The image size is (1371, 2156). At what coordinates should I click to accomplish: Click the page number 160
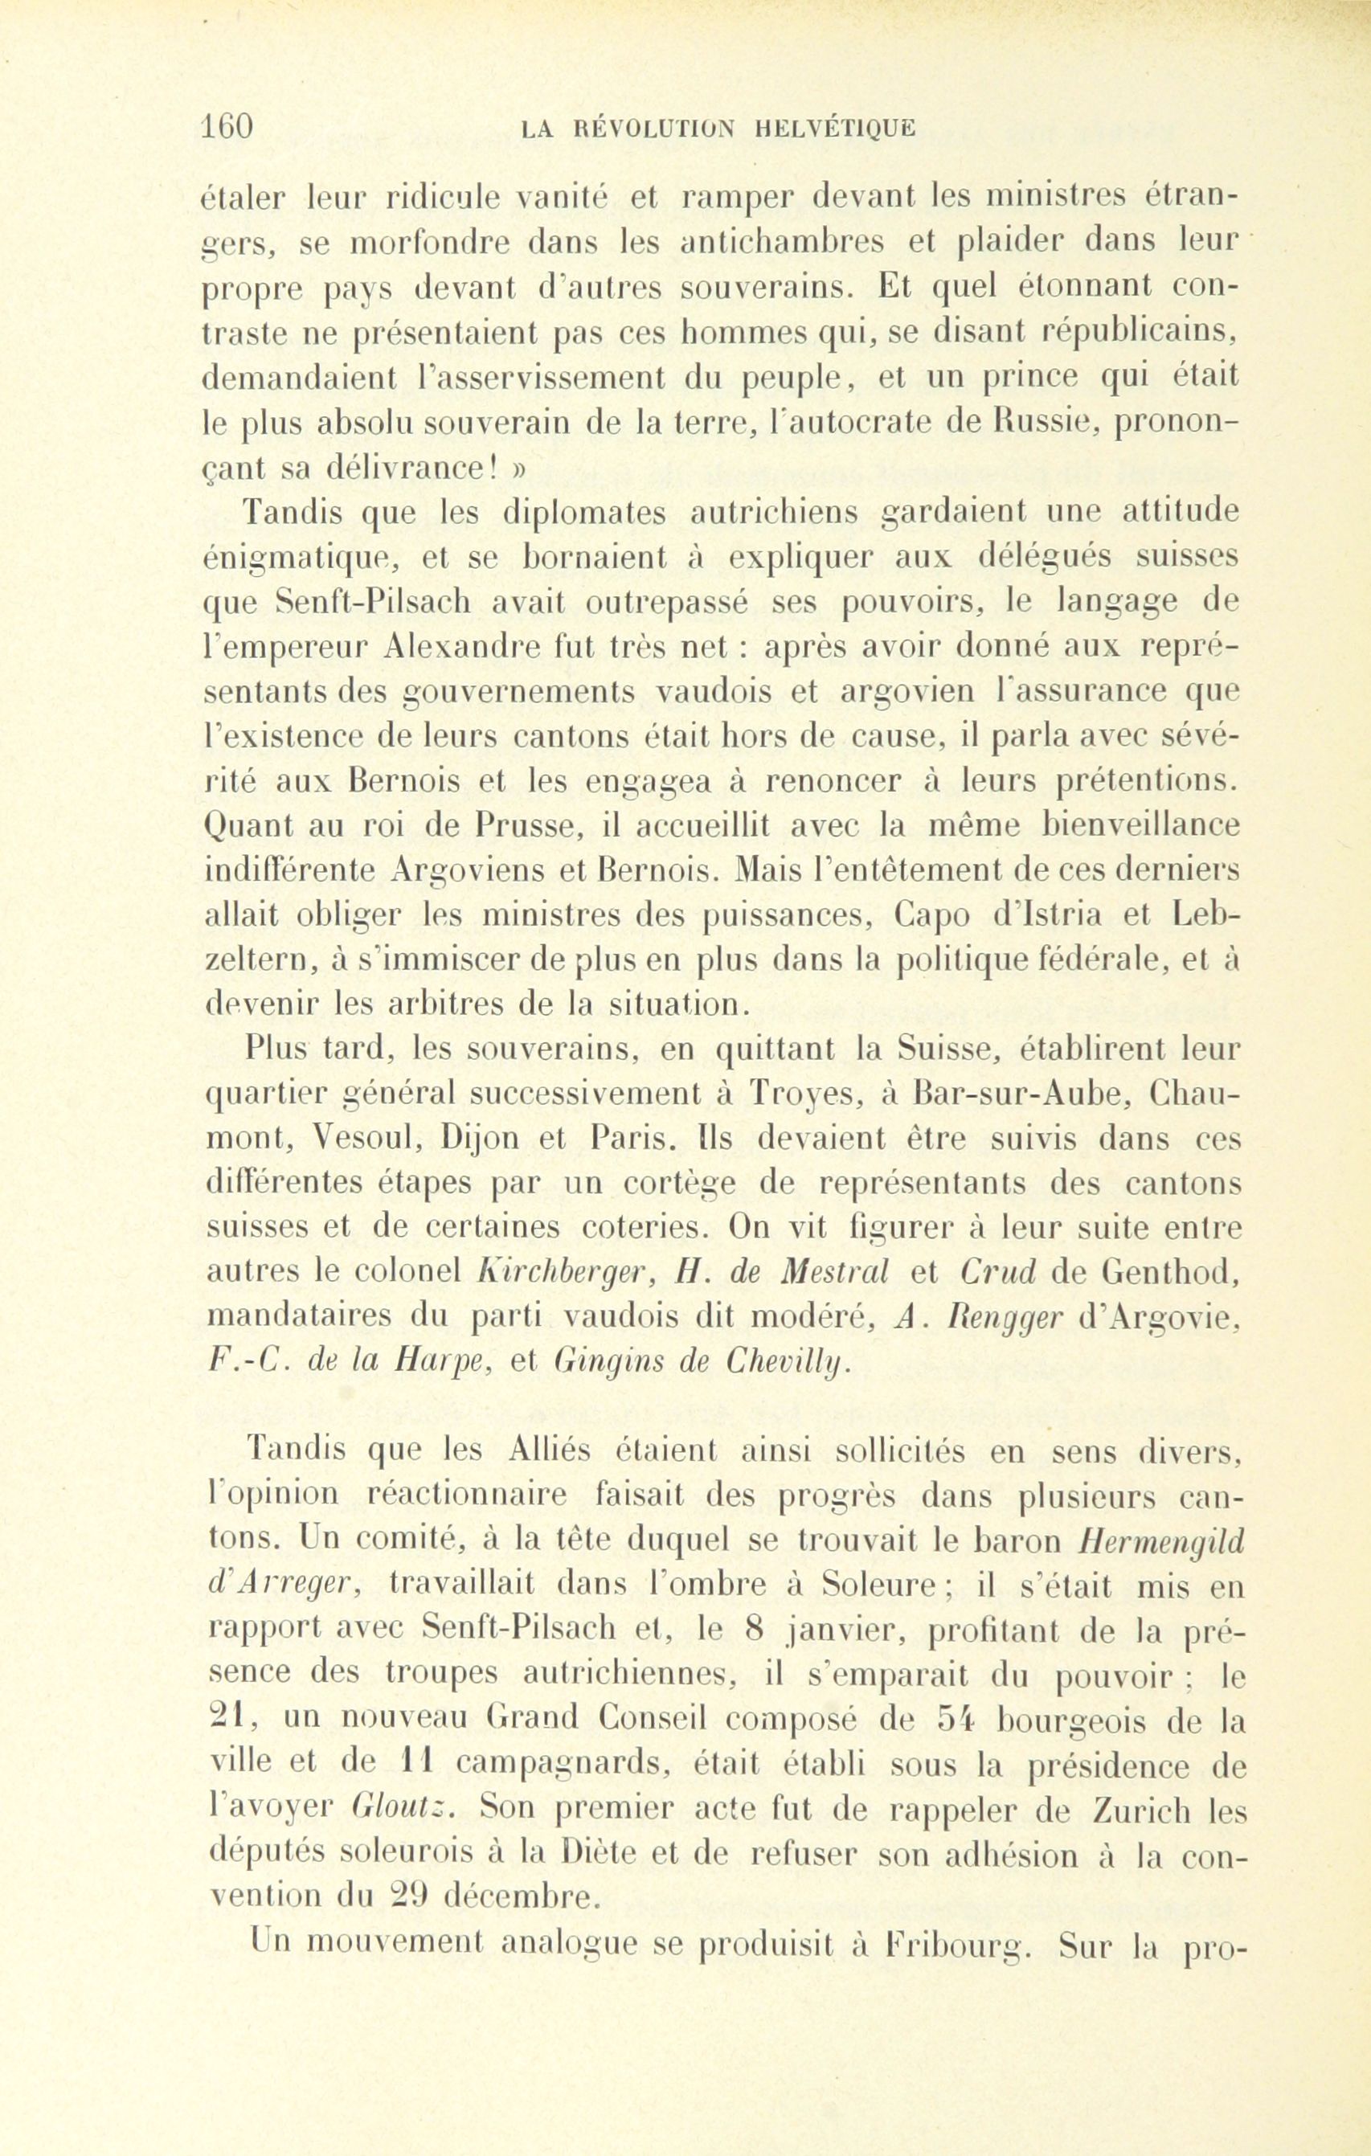click(228, 126)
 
